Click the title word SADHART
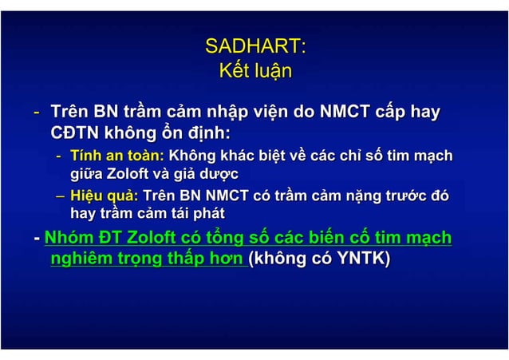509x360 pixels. click(x=254, y=45)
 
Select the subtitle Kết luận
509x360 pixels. click(x=254, y=72)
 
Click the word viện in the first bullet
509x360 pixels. click(x=268, y=113)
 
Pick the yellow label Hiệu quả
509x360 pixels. click(x=104, y=195)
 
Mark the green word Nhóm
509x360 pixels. click(x=69, y=238)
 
